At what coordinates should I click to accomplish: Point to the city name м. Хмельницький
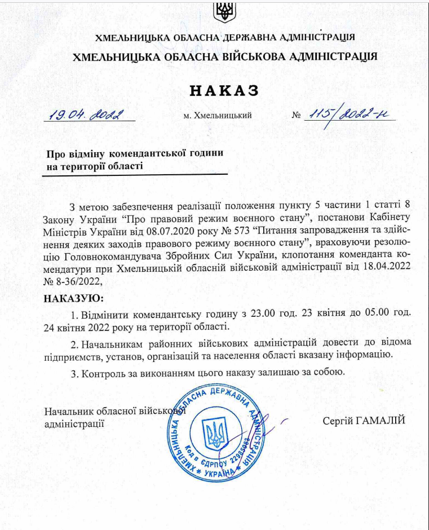coord(218,116)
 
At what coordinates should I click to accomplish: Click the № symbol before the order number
coord(297,116)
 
